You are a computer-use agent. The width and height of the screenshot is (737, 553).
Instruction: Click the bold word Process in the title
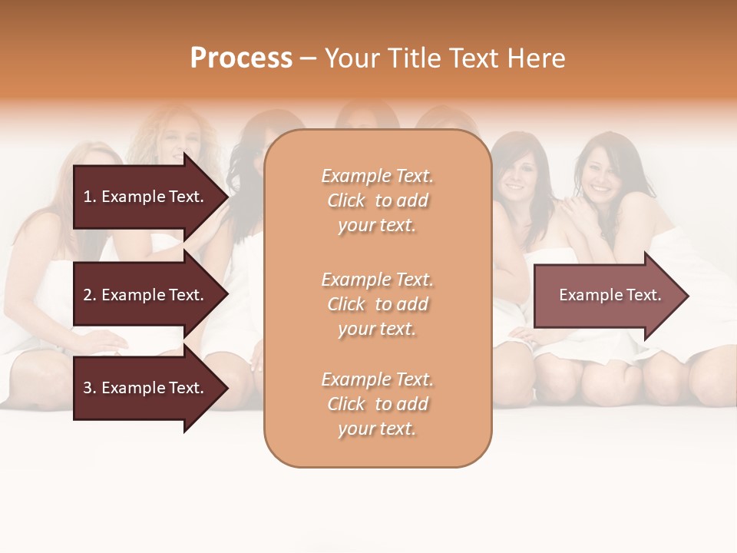click(241, 58)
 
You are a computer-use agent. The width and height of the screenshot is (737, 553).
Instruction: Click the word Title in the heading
click(412, 58)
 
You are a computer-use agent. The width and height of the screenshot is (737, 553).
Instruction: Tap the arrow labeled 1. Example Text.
click(146, 197)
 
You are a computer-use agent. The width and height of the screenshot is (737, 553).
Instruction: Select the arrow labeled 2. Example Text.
click(146, 295)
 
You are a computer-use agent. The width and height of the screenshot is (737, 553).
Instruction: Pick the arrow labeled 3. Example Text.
click(146, 388)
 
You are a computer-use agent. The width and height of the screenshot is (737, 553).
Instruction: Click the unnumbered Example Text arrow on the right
click(606, 295)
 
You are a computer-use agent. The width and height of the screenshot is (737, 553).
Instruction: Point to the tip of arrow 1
click(226, 197)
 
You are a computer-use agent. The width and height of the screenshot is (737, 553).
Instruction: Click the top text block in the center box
click(377, 200)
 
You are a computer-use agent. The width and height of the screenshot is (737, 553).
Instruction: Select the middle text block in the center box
click(377, 304)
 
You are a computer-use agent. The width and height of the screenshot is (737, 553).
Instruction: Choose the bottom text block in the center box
click(377, 404)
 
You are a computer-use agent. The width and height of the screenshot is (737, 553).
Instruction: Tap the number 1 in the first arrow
click(88, 197)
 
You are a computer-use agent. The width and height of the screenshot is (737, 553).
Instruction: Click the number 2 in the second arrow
click(88, 295)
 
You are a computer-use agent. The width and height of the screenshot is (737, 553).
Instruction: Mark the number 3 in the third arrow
click(88, 388)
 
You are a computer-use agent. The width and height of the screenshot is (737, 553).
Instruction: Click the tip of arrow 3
click(226, 388)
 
